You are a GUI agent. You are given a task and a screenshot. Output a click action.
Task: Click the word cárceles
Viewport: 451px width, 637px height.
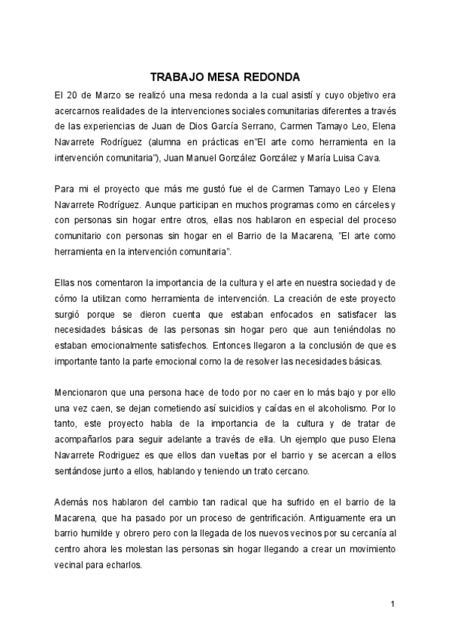(366, 204)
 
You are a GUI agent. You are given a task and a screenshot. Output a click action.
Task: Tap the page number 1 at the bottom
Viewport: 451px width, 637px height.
(392, 603)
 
